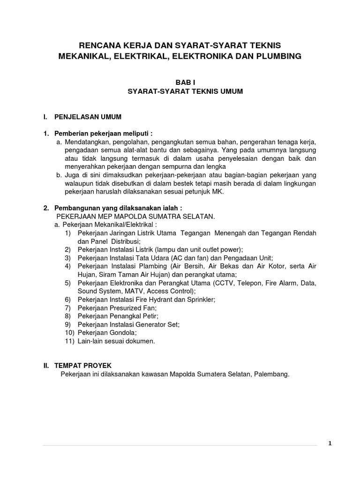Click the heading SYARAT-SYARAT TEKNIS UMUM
[x=185, y=91]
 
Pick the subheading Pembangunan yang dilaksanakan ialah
[x=117, y=208]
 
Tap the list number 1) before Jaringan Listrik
[x=68, y=233]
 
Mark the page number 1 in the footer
[x=330, y=443]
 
